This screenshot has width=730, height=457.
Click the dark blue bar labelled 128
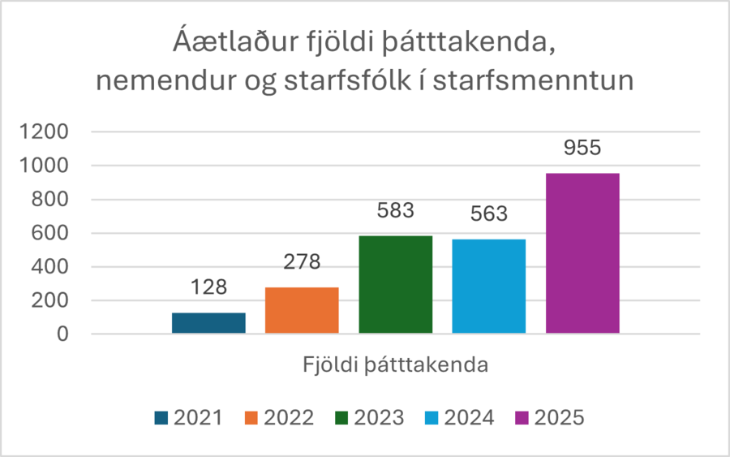208,323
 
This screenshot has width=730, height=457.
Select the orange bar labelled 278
302,310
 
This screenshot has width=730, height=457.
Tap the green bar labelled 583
395,284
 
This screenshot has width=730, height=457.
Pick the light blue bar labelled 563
489,286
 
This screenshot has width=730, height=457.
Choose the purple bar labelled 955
582,252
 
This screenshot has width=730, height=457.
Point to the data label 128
208,287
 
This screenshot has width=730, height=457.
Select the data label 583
395,211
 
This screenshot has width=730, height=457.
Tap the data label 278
302,262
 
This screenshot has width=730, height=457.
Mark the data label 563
489,214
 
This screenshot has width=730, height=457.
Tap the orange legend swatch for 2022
251,418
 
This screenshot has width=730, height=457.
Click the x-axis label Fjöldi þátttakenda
396,364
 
